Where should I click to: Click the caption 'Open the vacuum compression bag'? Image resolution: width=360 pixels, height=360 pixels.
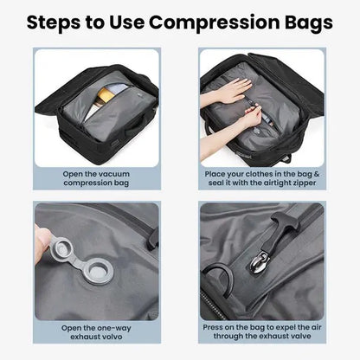pyautogui.click(x=97, y=178)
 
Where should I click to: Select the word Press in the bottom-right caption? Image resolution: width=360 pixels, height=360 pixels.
pyautogui.click(x=215, y=328)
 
